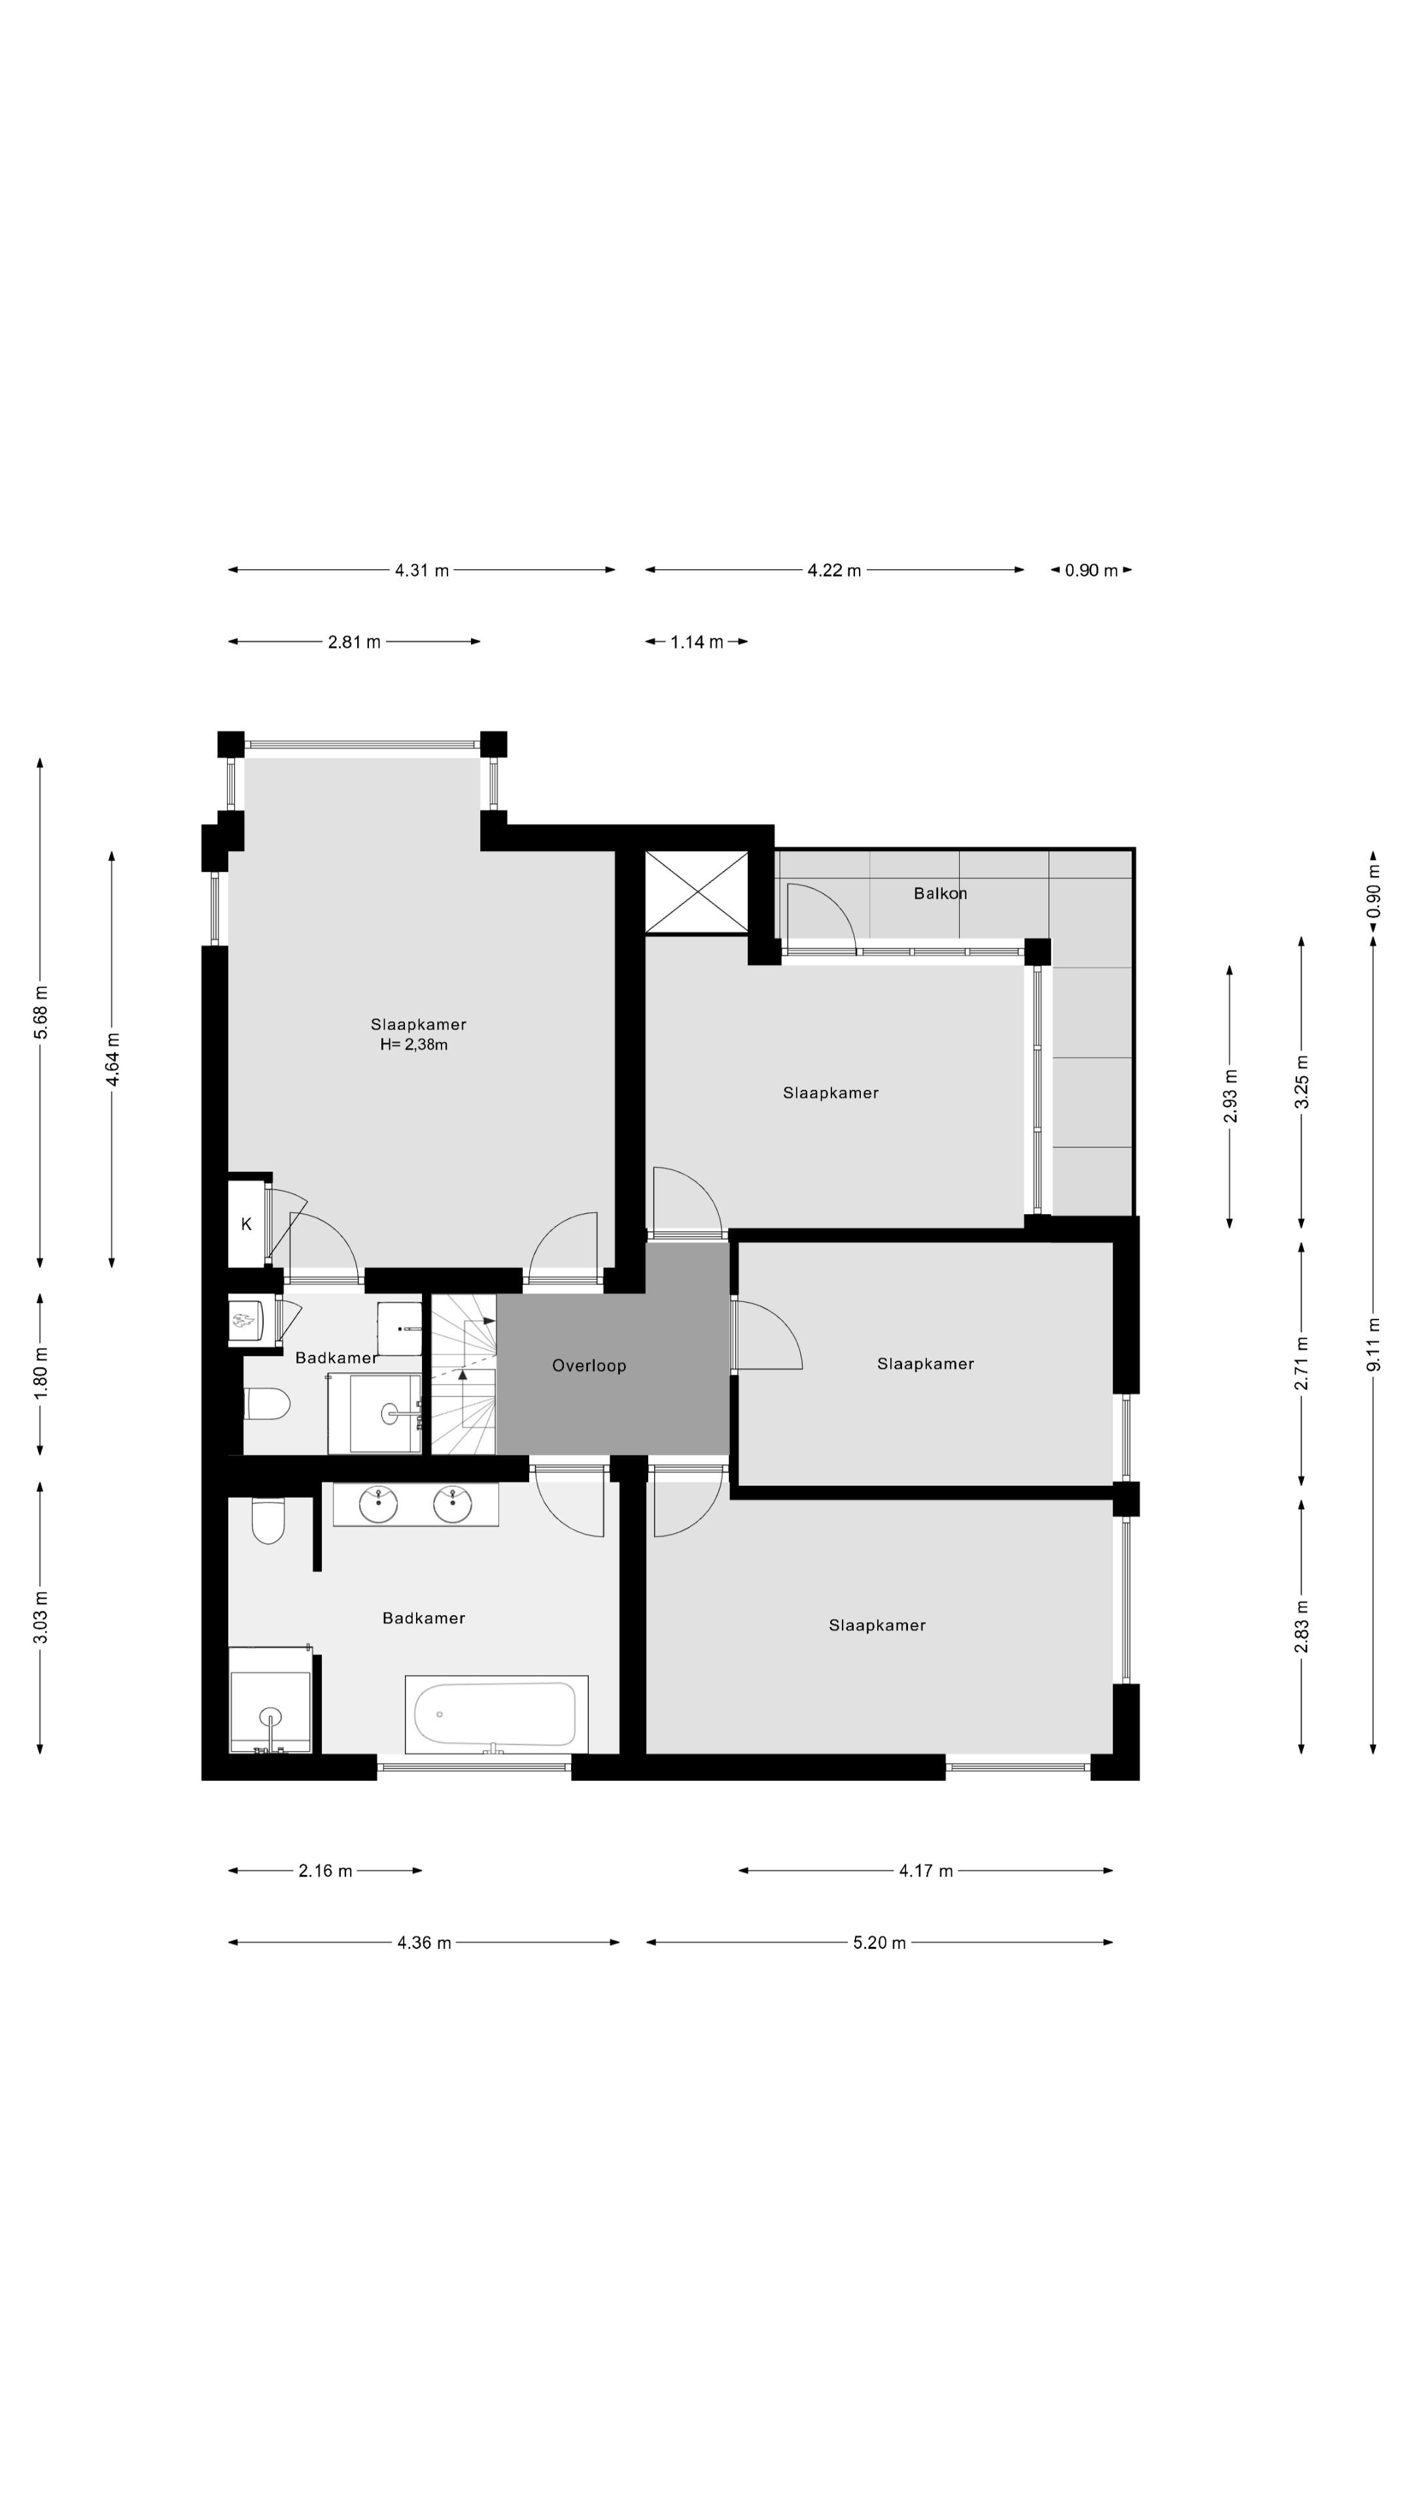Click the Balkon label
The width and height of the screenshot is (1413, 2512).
pyautogui.click(x=940, y=893)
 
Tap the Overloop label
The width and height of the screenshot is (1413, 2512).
pyautogui.click(x=589, y=1366)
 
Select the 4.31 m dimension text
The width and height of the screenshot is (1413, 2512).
pyautogui.click(x=422, y=570)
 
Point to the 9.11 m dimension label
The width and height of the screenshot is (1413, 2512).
pyautogui.click(x=1373, y=1344)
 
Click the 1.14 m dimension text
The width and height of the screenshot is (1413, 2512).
pyautogui.click(x=696, y=642)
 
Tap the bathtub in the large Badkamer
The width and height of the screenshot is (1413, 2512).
pyautogui.click(x=497, y=1715)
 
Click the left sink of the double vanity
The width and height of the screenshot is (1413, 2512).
pyautogui.click(x=378, y=1504)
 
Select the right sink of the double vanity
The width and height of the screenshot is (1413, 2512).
pyautogui.click(x=453, y=1504)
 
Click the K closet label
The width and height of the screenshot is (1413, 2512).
pyautogui.click(x=247, y=1224)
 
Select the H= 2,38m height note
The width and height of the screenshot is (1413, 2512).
pyautogui.click(x=415, y=1045)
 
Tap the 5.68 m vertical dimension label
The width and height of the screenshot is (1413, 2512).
pyautogui.click(x=41, y=1012)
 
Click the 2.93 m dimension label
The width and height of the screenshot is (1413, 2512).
pyautogui.click(x=1230, y=1096)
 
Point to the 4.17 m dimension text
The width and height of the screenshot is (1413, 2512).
pyautogui.click(x=926, y=1870)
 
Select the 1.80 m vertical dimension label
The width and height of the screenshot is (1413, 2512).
pyautogui.click(x=41, y=1373)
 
